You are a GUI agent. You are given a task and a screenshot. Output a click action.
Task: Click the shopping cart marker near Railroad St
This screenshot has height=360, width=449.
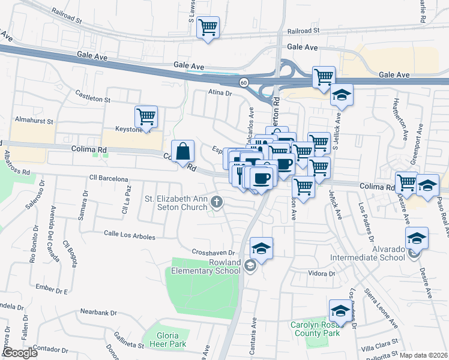(x=208, y=27)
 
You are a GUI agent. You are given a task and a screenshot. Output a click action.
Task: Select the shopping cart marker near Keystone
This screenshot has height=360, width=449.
(x=146, y=116)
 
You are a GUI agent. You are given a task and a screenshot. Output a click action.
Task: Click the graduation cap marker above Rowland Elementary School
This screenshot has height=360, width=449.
(x=261, y=248)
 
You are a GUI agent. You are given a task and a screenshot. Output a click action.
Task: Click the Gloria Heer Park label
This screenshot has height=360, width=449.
(x=164, y=339)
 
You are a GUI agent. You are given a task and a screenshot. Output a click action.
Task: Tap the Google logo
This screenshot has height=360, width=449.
(x=19, y=353)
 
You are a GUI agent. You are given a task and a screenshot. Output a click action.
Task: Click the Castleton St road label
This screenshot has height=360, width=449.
(x=92, y=95)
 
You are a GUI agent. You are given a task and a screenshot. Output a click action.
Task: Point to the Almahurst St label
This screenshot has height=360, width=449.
(x=34, y=121)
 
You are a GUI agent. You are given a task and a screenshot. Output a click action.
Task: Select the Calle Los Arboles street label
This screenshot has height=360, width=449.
(x=129, y=235)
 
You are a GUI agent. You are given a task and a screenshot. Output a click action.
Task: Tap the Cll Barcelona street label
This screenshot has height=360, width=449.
(x=109, y=179)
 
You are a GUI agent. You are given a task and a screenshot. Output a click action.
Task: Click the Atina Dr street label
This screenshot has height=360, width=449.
(x=220, y=93)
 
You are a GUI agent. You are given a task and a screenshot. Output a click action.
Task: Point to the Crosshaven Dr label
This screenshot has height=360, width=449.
(x=212, y=252)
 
